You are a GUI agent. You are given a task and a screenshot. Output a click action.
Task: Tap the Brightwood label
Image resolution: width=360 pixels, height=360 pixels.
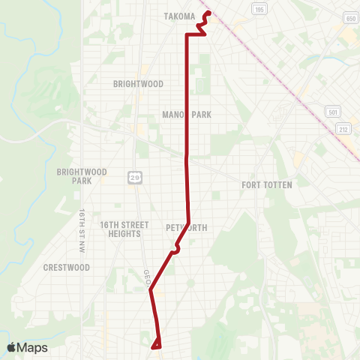tap(138, 85)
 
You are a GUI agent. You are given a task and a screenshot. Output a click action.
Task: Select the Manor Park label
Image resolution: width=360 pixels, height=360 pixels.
tap(187, 115)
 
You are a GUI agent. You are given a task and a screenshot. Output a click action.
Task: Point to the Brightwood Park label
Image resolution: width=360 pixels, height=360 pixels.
tap(82, 176)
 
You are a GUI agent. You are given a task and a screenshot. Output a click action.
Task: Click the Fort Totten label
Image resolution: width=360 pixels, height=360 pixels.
tap(266, 184)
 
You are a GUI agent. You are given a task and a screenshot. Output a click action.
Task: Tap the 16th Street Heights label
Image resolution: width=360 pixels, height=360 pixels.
tap(120, 229)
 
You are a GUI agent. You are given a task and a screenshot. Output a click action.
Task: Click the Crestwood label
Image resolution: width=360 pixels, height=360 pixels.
tap(67, 267)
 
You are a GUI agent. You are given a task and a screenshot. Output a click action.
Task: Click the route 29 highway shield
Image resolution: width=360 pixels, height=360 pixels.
tap(133, 176)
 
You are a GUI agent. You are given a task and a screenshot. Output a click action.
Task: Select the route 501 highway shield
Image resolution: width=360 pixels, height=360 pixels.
tap(334, 111)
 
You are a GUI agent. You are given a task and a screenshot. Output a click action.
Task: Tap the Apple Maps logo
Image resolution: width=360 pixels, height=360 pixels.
tap(26, 347)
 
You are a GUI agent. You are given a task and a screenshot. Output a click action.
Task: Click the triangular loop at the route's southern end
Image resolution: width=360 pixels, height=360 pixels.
tap(157, 344)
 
